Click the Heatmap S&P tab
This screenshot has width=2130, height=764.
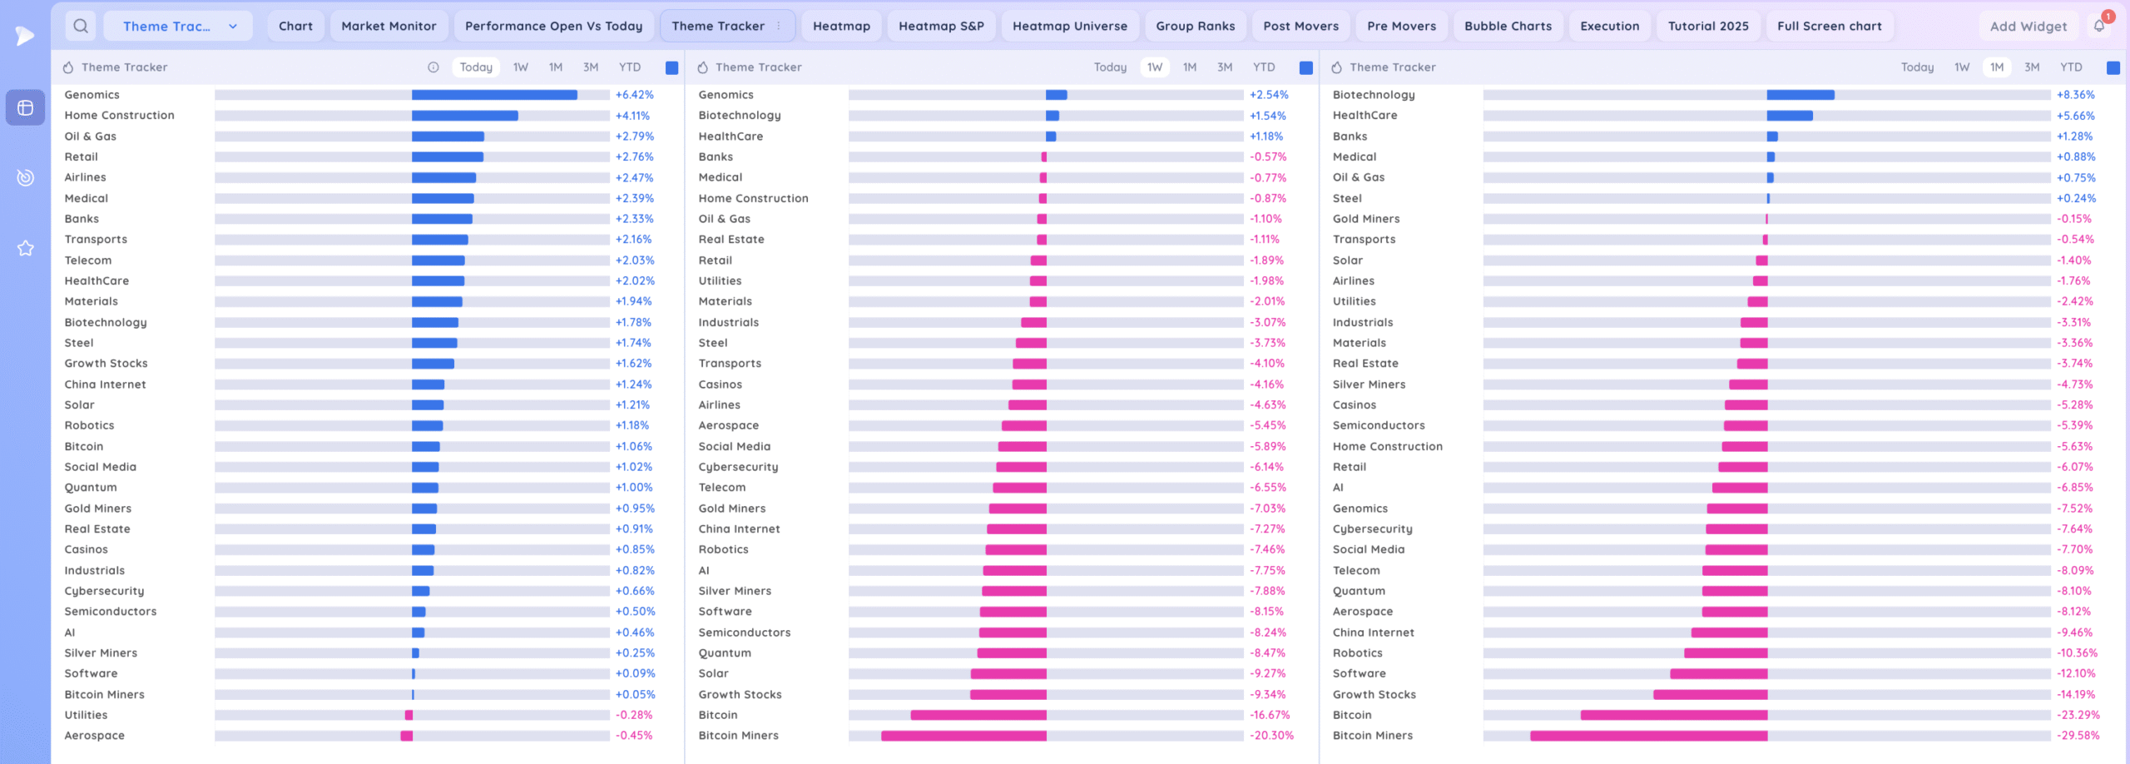[x=941, y=26]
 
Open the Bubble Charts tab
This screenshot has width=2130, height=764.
[x=1508, y=26]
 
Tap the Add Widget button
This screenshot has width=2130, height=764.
[x=2028, y=27]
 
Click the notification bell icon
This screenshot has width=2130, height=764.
[x=2099, y=26]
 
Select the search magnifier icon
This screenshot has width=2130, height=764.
[x=81, y=26]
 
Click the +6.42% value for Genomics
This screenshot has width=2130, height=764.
[x=634, y=95]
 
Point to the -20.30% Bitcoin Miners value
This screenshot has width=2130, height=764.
[x=1271, y=736]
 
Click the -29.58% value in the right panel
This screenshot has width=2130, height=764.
[x=2078, y=736]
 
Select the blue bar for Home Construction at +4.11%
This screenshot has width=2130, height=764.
[x=464, y=116]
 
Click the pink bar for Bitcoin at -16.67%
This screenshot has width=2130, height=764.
[x=978, y=715]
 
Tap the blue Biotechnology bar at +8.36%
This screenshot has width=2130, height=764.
[x=1801, y=95]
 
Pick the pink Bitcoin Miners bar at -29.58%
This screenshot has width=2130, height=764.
[x=1648, y=736]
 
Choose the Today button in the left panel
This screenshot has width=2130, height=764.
[x=476, y=67]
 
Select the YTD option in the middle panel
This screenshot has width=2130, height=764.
[x=1263, y=67]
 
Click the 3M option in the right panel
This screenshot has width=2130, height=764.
[x=2032, y=67]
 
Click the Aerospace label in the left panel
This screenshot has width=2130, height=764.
[x=95, y=736]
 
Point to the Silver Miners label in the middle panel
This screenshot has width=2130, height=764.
[x=735, y=591]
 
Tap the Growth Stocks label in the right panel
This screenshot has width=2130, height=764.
[x=1374, y=694]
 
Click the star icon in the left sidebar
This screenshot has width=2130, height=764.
[x=26, y=248]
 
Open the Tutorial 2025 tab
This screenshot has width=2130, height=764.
[x=1708, y=26]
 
